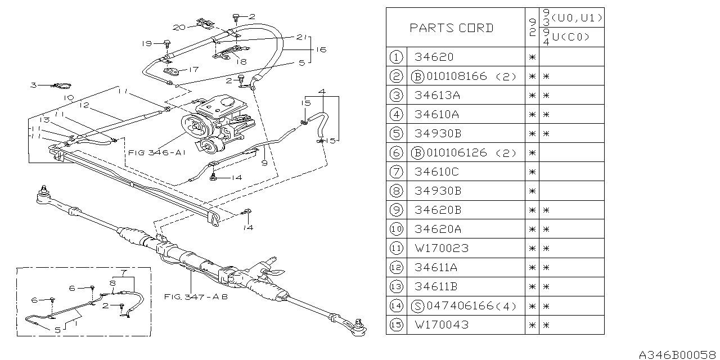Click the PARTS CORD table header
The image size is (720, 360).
coord(451,28)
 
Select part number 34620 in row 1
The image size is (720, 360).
coord(433,57)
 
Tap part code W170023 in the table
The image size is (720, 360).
coord(441,248)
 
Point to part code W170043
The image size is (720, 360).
coord(441,325)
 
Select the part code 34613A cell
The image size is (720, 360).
coord(437,95)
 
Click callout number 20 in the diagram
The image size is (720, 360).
coord(179,27)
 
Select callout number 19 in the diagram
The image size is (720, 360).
coord(146,43)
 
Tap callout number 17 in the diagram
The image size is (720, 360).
coord(193,70)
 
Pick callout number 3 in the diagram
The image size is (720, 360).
coord(34,85)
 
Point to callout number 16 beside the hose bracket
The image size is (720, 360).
coord(321,49)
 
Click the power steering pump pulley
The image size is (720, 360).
coord(194,127)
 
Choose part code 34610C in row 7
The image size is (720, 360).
coord(438,172)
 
